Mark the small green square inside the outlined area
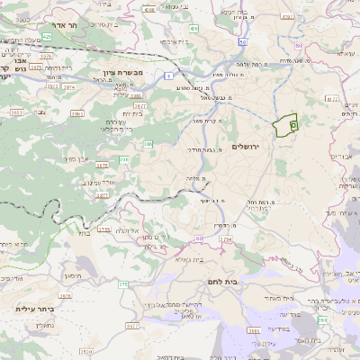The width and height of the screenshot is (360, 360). pos(294,127)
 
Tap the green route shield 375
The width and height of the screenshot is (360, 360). pos(122,284)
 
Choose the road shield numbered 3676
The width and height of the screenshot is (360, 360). pos(102,166)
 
